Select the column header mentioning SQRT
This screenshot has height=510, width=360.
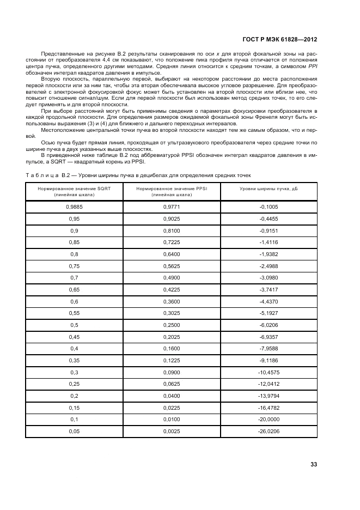74,191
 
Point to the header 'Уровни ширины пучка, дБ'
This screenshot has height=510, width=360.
269,188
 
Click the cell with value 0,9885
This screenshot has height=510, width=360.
74,207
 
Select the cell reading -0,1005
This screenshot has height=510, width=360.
269,207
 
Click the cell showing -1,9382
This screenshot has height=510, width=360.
269,254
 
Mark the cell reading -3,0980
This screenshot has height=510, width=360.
269,277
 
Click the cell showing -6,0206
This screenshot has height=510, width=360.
269,325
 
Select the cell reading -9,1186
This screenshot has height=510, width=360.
269,361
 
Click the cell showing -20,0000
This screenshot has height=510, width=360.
269,420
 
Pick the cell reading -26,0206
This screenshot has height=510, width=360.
269,432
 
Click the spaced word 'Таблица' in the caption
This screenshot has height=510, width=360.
41,174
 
